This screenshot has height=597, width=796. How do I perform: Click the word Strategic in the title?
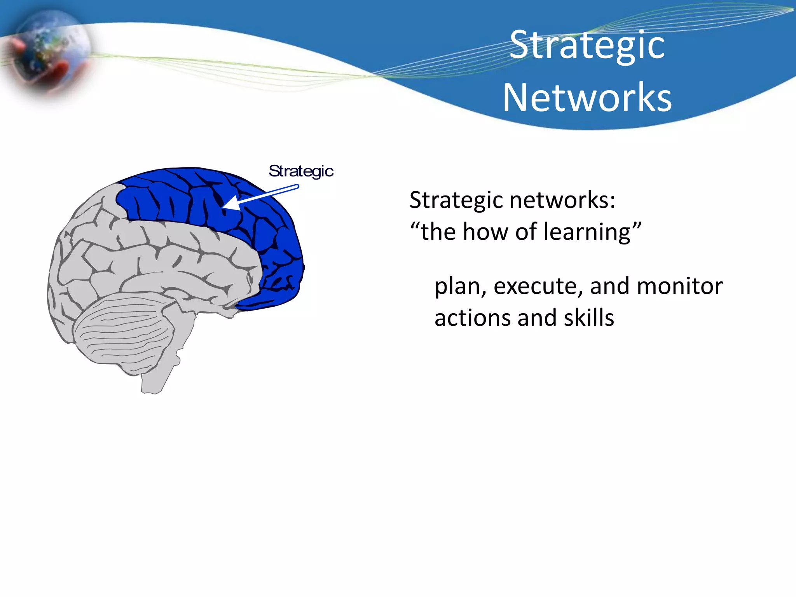pos(587,46)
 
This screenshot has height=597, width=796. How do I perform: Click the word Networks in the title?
pos(587,98)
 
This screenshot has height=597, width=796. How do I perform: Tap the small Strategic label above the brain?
pos(301,171)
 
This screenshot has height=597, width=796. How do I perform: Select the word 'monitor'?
pos(680,286)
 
